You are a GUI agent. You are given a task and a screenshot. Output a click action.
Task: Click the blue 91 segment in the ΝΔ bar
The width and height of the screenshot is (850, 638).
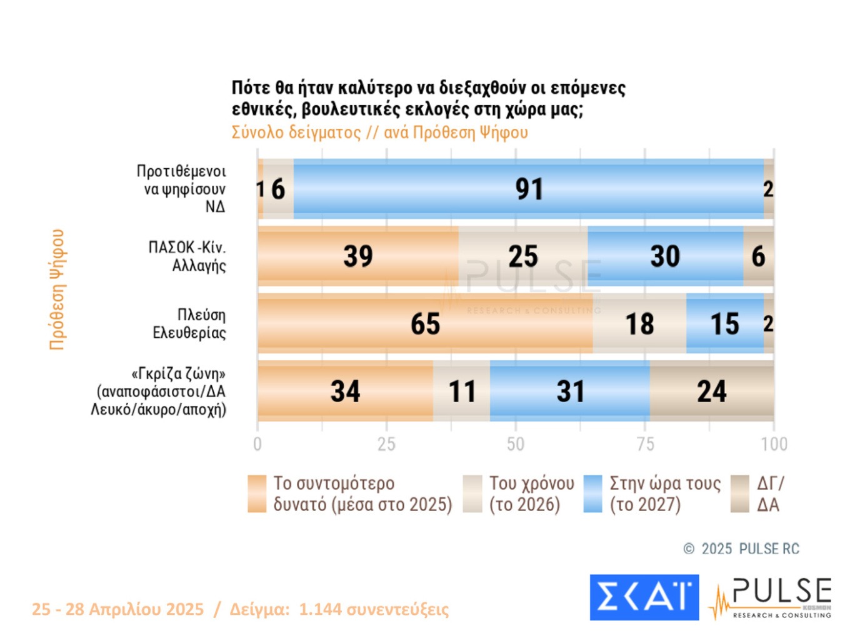point(528,189)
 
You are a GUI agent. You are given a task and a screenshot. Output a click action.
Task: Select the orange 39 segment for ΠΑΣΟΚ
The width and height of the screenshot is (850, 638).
point(357,256)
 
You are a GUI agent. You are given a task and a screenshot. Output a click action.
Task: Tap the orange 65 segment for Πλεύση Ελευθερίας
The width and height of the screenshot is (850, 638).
point(425,323)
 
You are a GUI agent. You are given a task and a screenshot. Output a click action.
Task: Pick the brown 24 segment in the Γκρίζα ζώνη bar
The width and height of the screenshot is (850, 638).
point(711,391)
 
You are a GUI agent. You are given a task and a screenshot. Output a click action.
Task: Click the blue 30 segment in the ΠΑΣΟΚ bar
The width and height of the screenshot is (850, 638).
point(665,256)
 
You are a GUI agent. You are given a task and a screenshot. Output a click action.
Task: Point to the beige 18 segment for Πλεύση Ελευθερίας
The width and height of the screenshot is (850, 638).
point(639,323)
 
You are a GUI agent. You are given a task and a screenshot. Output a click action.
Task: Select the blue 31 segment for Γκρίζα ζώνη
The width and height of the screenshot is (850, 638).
point(569,391)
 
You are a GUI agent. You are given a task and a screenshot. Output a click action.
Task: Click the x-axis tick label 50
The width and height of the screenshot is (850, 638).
point(516,444)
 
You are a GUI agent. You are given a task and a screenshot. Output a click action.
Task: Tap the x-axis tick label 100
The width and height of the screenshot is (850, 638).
point(774,444)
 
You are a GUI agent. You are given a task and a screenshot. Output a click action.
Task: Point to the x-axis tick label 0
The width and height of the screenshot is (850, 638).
point(257,444)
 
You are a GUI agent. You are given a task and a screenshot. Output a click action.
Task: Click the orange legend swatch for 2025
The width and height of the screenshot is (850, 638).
point(257,494)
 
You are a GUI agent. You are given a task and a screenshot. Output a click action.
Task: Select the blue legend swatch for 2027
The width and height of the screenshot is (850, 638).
point(592,494)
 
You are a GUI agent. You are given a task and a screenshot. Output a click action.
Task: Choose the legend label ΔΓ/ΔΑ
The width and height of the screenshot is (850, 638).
point(769,494)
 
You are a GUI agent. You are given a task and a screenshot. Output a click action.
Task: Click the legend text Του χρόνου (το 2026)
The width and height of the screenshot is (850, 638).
point(531,494)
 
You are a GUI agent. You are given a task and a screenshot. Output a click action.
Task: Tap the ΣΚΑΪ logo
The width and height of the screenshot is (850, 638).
point(644,597)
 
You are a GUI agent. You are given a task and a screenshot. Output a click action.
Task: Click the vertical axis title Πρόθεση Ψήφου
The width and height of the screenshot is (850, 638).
point(57,289)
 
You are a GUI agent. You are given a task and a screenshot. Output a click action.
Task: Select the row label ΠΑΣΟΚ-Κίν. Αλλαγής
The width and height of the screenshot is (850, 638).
point(187,256)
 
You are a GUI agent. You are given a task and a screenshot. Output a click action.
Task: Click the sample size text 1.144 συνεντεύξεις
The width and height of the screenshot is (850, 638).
point(374,609)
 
